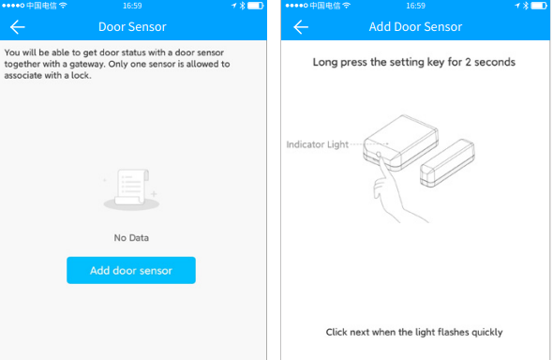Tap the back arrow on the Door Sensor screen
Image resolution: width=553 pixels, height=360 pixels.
[x=17, y=27]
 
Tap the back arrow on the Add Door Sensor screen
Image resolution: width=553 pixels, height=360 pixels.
[x=301, y=27]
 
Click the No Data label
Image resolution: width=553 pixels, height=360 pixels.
[x=131, y=238]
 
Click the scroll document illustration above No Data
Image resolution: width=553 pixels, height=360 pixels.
[x=131, y=189]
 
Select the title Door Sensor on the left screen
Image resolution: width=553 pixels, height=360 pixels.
[x=132, y=27]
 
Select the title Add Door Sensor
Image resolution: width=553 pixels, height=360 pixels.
[x=415, y=27]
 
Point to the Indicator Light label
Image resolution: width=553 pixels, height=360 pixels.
[x=318, y=144]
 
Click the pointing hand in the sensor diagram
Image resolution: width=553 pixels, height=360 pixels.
[x=395, y=190]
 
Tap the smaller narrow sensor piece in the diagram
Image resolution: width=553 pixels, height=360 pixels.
[x=447, y=162]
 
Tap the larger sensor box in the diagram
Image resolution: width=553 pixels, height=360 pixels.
[x=401, y=142]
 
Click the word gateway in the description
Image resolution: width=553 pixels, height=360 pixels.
[x=87, y=64]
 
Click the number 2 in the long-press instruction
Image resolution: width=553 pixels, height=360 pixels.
[x=468, y=62]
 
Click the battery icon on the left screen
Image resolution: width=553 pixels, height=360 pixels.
[x=256, y=6]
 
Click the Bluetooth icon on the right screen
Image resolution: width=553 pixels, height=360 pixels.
[x=526, y=6]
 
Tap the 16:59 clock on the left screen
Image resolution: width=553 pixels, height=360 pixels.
[x=132, y=6]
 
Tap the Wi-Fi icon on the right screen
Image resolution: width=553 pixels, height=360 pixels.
[x=347, y=6]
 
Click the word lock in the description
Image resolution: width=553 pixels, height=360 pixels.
[x=82, y=75]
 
